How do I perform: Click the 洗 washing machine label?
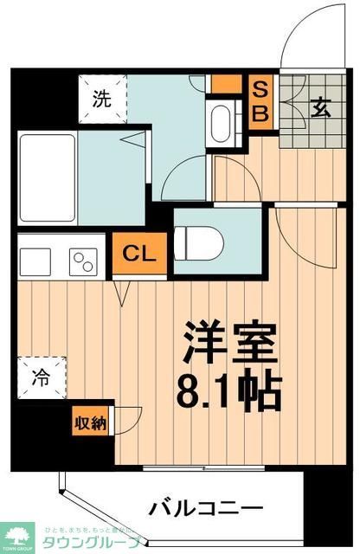point(102,99)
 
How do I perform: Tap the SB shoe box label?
point(260,100)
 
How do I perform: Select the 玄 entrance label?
point(318,109)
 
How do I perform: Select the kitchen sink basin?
point(37,260)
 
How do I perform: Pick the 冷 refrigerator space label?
point(42,378)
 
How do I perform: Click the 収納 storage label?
point(89,423)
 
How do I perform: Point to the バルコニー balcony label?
point(205,508)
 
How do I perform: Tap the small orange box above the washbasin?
point(227,85)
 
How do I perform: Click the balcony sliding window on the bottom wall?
point(208,468)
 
